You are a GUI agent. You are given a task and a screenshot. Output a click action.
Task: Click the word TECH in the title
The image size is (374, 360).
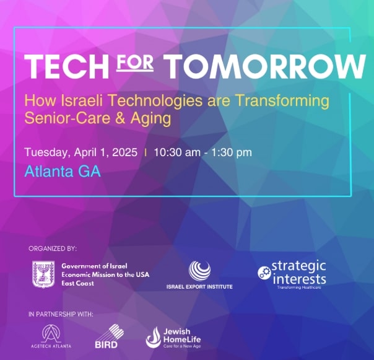tap(66, 66)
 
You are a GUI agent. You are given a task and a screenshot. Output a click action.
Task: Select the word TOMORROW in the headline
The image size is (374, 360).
tap(266, 66)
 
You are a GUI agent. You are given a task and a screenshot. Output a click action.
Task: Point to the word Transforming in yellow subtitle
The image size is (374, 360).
tap(283, 101)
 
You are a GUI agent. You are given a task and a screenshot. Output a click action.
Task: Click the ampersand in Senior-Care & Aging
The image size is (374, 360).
tap(121, 118)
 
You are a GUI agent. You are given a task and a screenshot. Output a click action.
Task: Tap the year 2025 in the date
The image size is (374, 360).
tap(124, 152)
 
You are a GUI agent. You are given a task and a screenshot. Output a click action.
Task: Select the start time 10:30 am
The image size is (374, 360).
tap(177, 152)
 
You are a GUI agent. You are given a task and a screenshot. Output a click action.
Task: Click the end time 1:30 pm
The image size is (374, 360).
tap(232, 152)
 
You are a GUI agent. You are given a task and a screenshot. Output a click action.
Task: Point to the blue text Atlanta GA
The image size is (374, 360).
tap(63, 172)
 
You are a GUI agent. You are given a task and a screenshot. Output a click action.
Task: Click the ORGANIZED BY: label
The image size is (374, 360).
tap(53, 248)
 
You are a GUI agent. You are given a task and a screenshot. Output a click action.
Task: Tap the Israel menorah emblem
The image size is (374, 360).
tap(43, 274)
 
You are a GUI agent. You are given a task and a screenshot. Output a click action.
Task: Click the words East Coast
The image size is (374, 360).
tap(77, 283)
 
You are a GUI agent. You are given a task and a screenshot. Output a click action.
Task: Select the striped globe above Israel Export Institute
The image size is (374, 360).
tap(199, 271)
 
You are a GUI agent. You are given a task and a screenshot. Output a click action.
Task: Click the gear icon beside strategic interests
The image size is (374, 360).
tap(264, 273)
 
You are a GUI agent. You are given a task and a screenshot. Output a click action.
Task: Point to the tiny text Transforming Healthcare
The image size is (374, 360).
tap(299, 288)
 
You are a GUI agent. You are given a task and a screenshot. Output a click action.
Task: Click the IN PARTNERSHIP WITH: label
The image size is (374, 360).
tap(61, 314)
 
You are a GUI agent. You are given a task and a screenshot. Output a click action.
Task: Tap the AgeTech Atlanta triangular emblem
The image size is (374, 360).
tap(51, 333)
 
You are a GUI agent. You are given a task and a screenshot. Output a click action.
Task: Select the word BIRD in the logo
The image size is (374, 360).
tap(106, 345)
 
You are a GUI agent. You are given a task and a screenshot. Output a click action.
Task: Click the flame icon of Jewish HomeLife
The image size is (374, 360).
tap(154, 337)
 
